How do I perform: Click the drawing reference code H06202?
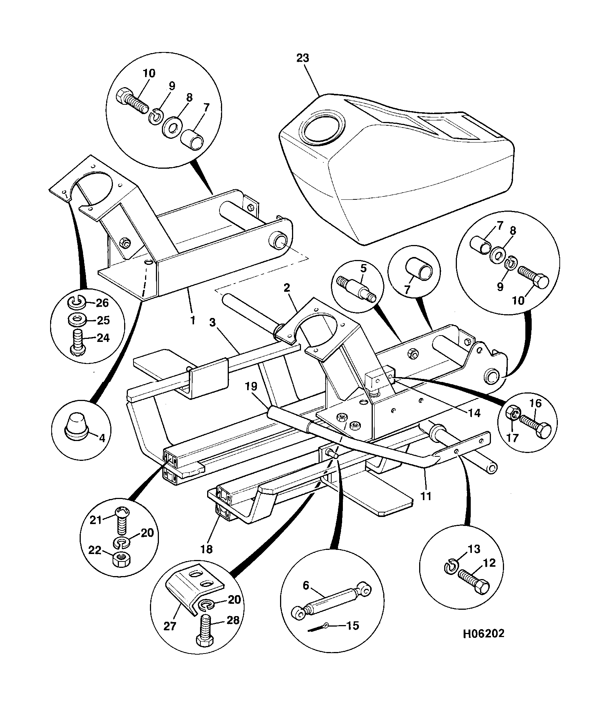[483, 634]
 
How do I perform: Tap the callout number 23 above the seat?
[303, 58]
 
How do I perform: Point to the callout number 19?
[251, 386]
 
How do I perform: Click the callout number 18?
[206, 549]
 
